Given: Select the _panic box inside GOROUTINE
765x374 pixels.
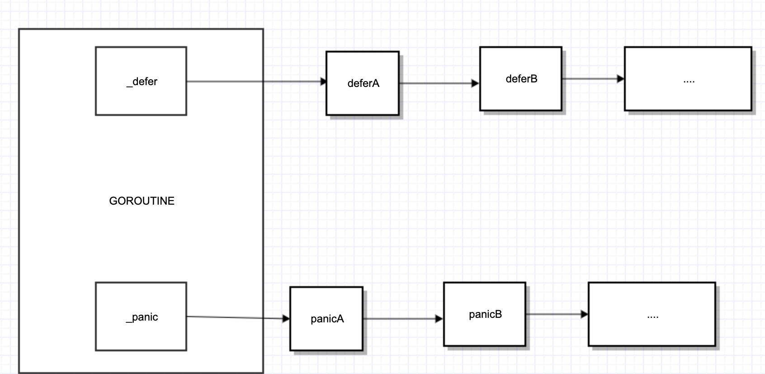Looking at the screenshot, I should pos(141,335).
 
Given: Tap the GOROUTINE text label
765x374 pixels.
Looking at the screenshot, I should pos(142,201).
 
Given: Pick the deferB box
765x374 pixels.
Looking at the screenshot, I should pos(520,95).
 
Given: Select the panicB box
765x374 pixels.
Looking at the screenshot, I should pos(484,331).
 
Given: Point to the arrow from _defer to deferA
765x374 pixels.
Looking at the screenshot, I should pos(253,82).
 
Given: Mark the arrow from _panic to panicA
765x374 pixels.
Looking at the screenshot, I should pos(235,318).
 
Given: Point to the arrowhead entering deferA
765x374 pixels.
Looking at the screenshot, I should pos(323,82).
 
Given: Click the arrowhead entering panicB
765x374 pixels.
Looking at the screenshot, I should pos(439,319).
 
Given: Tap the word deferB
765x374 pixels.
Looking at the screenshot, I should pos(521,79).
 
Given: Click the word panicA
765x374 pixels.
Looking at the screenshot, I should pos(327,319).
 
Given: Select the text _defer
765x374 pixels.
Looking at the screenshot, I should pos(142,82).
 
